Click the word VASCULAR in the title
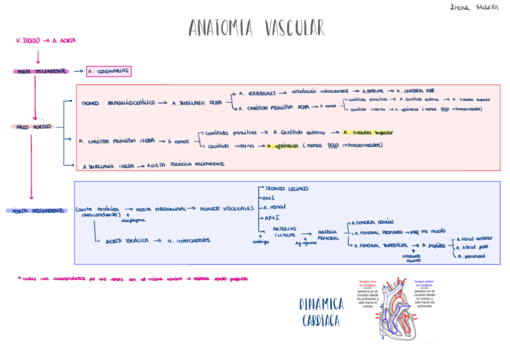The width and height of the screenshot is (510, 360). pyautogui.click(x=294, y=28)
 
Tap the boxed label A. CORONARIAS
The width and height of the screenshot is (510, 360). pyautogui.click(x=109, y=72)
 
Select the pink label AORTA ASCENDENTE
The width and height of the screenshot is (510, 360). pyautogui.click(x=41, y=72)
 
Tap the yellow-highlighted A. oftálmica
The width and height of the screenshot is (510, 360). pyautogui.click(x=283, y=145)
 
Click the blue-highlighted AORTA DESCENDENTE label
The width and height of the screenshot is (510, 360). pyautogui.click(x=36, y=211)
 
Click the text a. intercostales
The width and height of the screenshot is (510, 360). pyautogui.click(x=189, y=240)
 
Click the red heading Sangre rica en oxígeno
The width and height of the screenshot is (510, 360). pyautogui.click(x=367, y=282)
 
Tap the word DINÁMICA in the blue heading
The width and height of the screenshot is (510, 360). pyautogui.click(x=322, y=304)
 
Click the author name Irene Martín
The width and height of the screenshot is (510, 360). pyautogui.click(x=479, y=7)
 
